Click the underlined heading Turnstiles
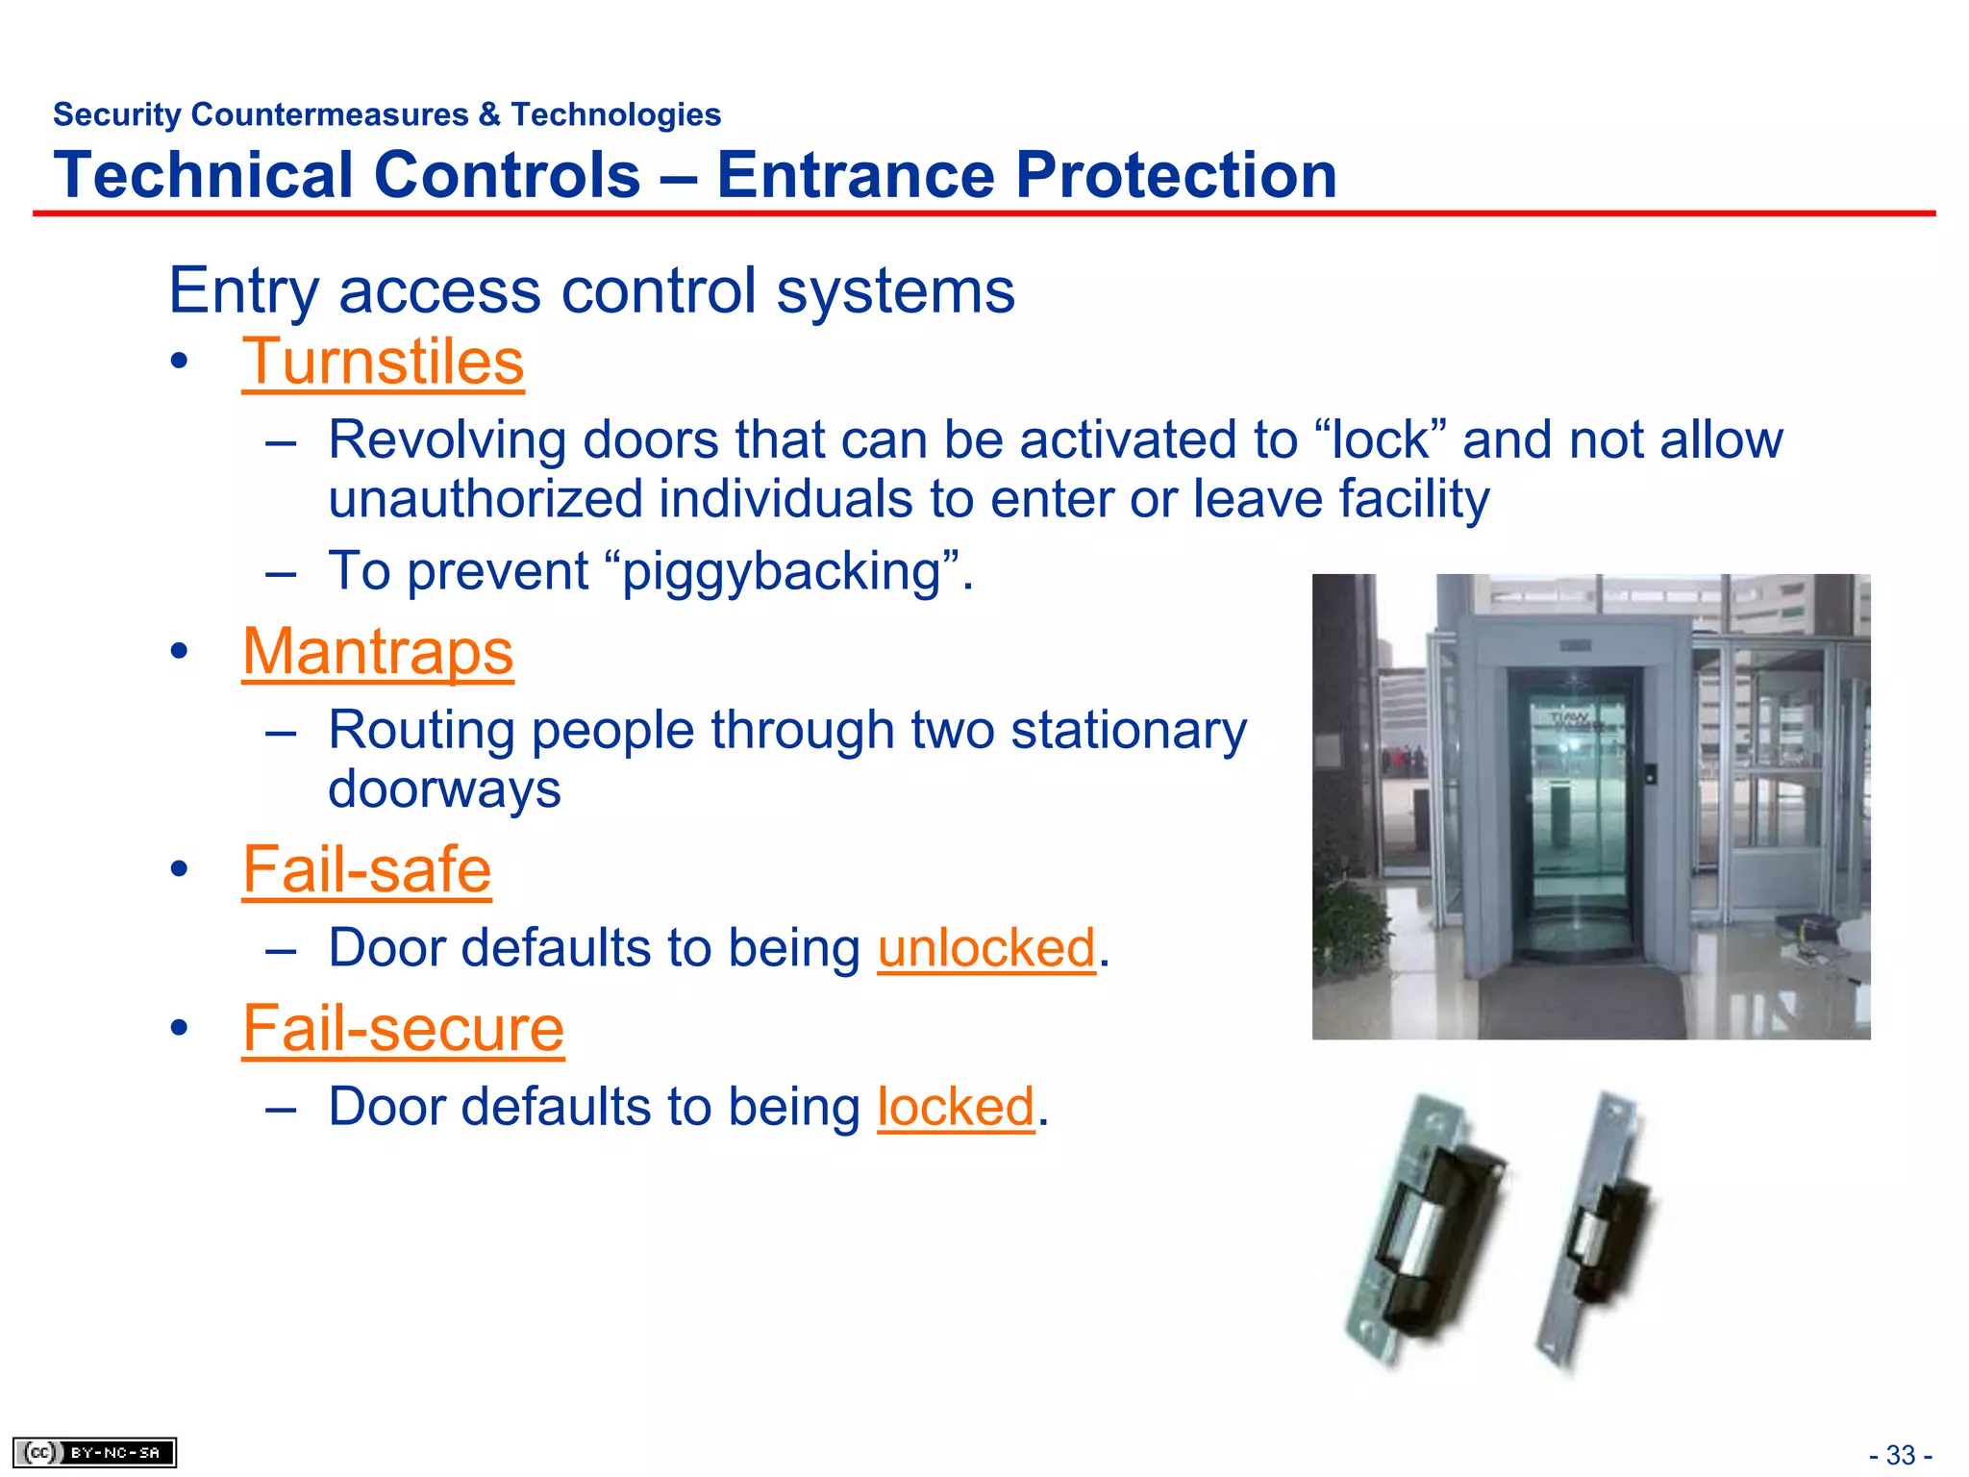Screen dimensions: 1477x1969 pos(383,363)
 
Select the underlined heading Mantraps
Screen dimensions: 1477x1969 pos(378,652)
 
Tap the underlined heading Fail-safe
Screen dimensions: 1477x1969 pos(366,869)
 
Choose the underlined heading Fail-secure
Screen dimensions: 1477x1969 pos(403,1028)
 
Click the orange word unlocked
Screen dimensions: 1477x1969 pos(986,948)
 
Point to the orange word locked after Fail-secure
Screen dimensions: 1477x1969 pos(956,1107)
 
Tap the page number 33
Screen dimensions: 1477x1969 pos(1901,1455)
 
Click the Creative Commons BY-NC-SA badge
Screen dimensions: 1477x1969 pos(94,1452)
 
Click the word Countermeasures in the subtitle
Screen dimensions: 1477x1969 pos(330,114)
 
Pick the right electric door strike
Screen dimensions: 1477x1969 pos(1596,1231)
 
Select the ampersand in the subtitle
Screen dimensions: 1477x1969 pos(489,114)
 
